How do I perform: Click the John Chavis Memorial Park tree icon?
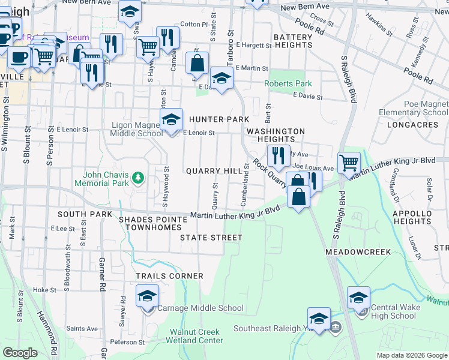[x=139, y=177]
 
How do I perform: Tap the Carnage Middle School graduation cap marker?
[x=147, y=296]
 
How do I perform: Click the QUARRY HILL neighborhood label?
[x=214, y=171]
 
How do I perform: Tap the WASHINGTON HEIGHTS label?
[x=276, y=135]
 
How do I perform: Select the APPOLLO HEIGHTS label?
[x=412, y=217]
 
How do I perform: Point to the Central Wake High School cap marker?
[x=358, y=297]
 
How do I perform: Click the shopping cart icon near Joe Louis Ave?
[x=349, y=161]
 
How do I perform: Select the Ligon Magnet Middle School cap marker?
[x=172, y=119]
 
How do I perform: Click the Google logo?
[x=20, y=352]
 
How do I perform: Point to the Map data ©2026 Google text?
[x=411, y=355]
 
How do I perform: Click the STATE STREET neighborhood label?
[x=211, y=238]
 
